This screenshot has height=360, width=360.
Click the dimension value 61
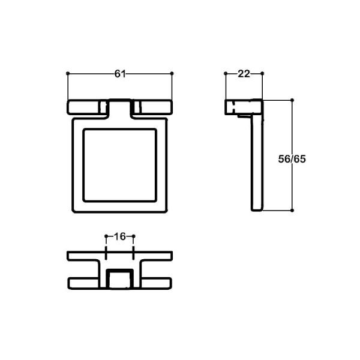point(120,74)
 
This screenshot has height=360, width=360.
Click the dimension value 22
point(244,74)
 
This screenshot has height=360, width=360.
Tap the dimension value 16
point(119,236)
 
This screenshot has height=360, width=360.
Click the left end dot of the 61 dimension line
point(68,74)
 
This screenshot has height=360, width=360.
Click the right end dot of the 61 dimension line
point(172,74)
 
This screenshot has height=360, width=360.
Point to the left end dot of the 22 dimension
point(225,74)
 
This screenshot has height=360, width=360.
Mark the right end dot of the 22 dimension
point(262,74)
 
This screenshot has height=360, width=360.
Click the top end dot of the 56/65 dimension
point(292,100)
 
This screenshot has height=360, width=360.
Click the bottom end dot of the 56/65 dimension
point(292,210)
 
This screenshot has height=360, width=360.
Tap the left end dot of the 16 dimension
point(106,236)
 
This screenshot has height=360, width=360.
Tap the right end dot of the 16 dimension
point(133,236)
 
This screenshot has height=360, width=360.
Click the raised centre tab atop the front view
point(120,106)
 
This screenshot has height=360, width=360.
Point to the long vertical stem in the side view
point(255,162)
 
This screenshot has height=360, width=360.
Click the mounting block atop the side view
point(243,107)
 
